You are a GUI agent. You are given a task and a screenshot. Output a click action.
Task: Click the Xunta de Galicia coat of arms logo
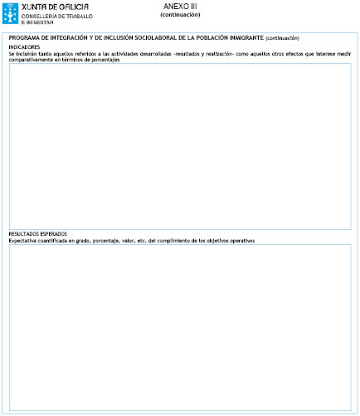point(12,12)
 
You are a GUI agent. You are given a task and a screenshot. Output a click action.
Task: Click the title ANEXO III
point(180,6)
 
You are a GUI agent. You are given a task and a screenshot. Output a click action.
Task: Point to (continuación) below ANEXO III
point(180,14)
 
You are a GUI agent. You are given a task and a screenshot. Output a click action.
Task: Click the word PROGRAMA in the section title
point(25,37)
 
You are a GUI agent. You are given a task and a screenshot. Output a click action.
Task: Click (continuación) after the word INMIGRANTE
point(282,38)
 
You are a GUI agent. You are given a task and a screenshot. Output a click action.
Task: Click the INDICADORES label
point(24,47)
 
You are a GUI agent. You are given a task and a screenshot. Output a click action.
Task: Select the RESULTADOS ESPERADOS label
point(37,234)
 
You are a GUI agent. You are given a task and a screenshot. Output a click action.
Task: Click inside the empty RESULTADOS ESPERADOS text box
point(179,328)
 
